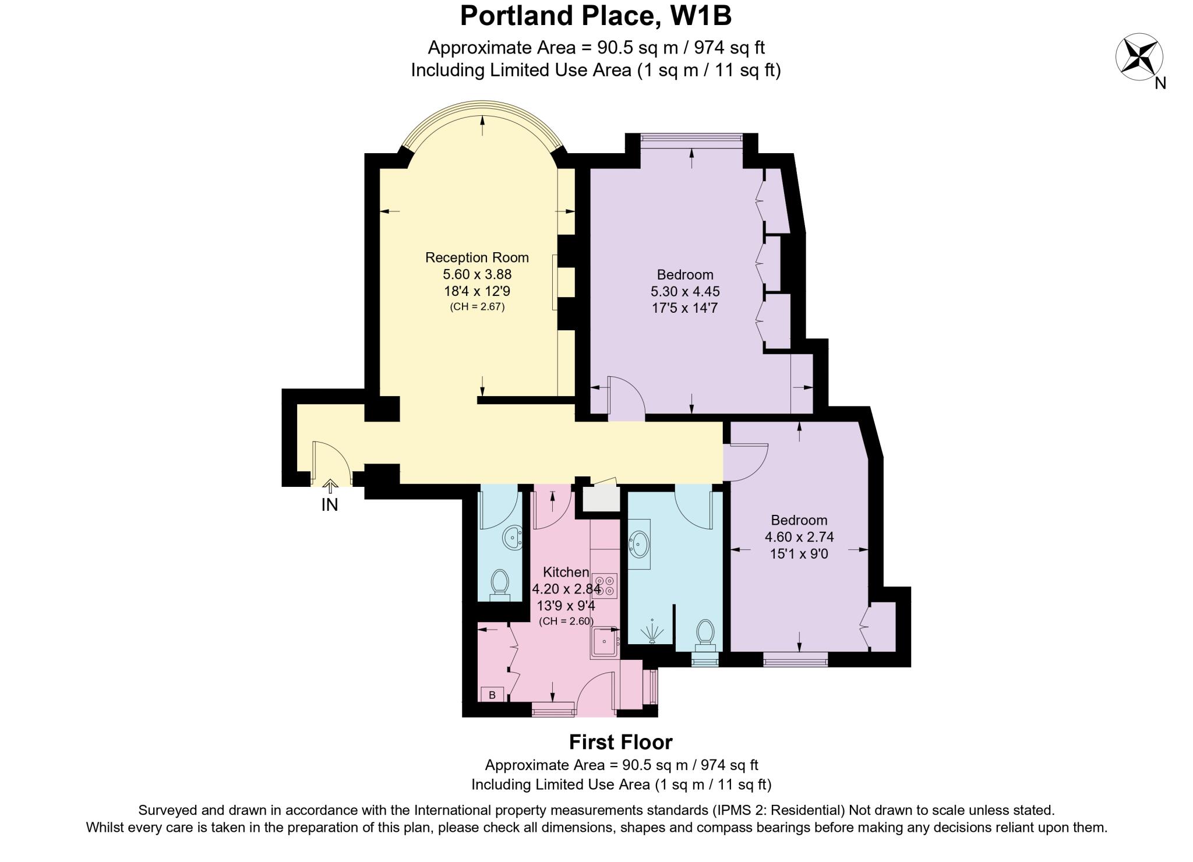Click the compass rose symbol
(1139, 58)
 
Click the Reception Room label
(477, 257)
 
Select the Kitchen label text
(566, 572)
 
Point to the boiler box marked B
(492, 694)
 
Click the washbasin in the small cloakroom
(513, 538)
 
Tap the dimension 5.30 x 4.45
(685, 291)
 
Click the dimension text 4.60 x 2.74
(799, 537)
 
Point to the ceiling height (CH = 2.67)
(477, 306)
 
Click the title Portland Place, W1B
(595, 16)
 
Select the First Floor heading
(620, 742)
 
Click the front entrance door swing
(330, 463)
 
